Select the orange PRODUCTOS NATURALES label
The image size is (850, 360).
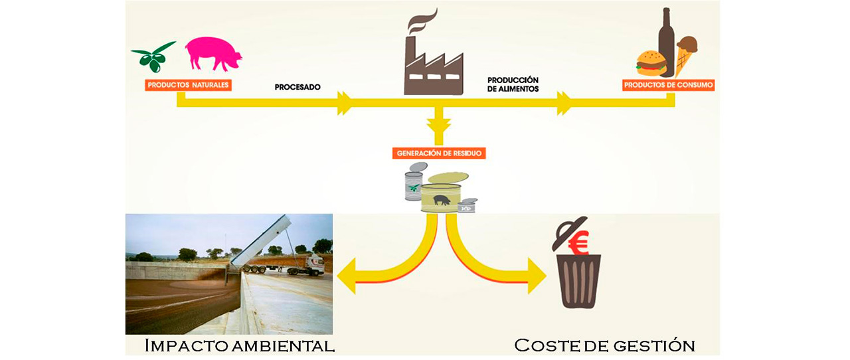189,85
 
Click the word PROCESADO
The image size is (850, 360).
298,86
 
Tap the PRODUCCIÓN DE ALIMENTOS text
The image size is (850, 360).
513,84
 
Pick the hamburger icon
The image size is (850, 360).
651,62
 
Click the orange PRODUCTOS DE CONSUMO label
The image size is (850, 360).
668,86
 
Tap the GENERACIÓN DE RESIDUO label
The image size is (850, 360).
439,153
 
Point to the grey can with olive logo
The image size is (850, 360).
414,185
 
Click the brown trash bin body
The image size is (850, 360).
578,283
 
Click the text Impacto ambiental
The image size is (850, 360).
239,345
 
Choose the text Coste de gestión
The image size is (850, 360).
604,345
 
